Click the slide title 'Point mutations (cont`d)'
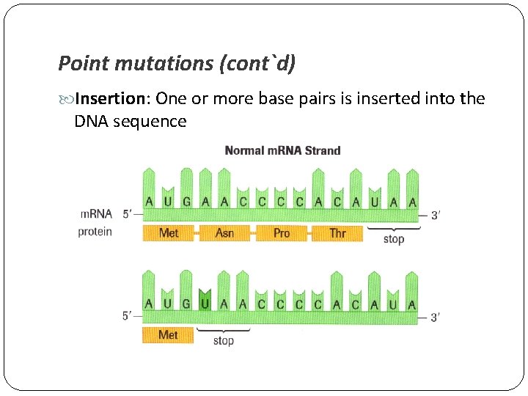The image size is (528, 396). pyautogui.click(x=177, y=64)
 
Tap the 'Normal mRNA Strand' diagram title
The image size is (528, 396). pyautogui.click(x=282, y=150)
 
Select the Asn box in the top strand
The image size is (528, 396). pyautogui.click(x=225, y=233)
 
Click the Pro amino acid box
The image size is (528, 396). pyautogui.click(x=282, y=233)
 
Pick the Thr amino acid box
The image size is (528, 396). pyautogui.click(x=337, y=233)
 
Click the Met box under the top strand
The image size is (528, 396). pyautogui.click(x=169, y=233)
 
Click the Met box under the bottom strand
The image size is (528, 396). pyautogui.click(x=169, y=335)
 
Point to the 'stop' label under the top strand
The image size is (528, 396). pyautogui.click(x=394, y=239)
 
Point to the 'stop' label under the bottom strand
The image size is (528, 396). pyautogui.click(x=224, y=340)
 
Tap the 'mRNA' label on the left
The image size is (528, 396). pyautogui.click(x=96, y=214)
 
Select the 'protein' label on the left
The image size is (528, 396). pyautogui.click(x=95, y=232)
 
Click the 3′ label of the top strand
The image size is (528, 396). pyautogui.click(x=435, y=215)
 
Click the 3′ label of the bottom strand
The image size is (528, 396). pyautogui.click(x=435, y=318)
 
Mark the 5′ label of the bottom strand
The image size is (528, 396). pyautogui.click(x=128, y=317)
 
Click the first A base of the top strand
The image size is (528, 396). pyautogui.click(x=150, y=202)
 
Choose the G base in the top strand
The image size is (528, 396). pyautogui.click(x=187, y=202)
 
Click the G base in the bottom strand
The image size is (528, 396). pyautogui.click(x=187, y=304)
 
